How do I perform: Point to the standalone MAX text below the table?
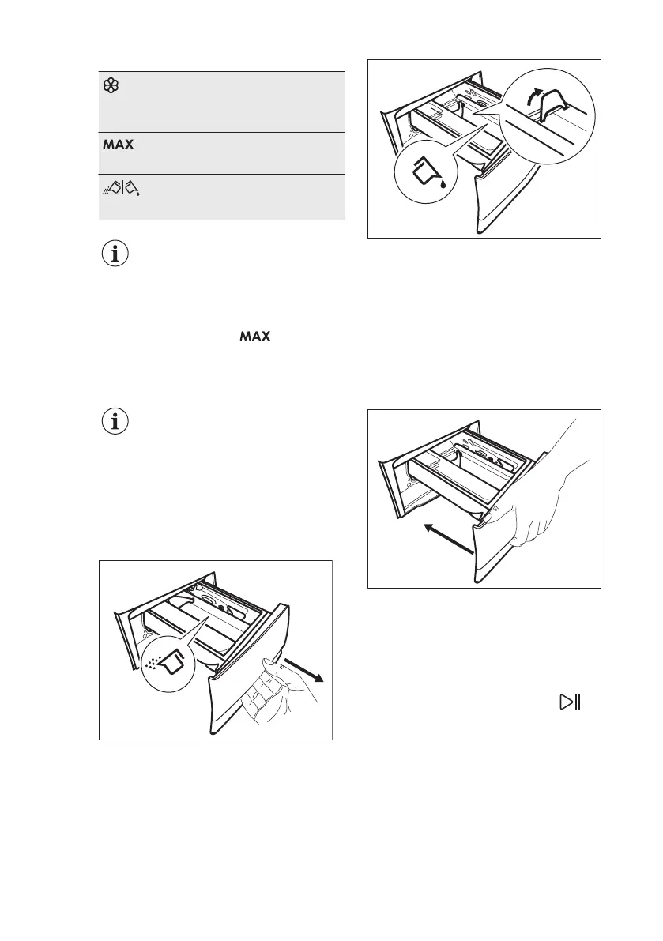coord(256,337)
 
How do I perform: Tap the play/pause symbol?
coord(570,702)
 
